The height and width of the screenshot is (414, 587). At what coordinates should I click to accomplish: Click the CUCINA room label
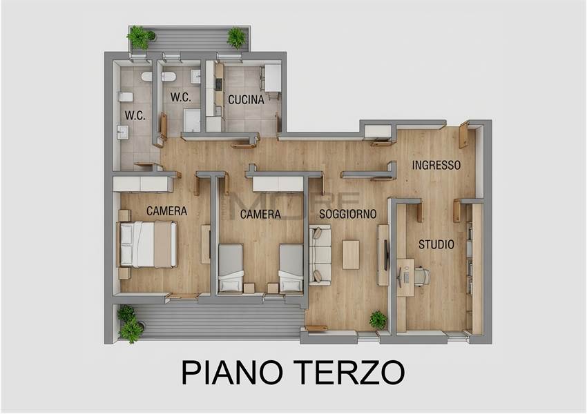pyautogui.click(x=246, y=99)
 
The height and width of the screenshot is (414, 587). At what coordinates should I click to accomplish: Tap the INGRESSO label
pyautogui.click(x=436, y=165)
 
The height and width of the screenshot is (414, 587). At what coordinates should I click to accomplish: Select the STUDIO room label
pyautogui.click(x=436, y=244)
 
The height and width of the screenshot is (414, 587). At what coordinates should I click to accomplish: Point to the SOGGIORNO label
pyautogui.click(x=348, y=214)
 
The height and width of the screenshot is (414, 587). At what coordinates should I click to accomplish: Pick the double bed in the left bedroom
pyautogui.click(x=148, y=244)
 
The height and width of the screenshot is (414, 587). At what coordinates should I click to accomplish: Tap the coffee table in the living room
pyautogui.click(x=351, y=255)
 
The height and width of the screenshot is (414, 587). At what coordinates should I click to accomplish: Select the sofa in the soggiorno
pyautogui.click(x=320, y=255)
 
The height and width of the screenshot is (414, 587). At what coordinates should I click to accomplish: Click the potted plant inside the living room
pyautogui.click(x=378, y=320)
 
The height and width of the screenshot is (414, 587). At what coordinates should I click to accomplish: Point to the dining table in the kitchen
pyautogui.click(x=273, y=78)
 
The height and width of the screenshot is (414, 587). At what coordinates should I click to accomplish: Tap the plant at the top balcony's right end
pyautogui.click(x=236, y=37)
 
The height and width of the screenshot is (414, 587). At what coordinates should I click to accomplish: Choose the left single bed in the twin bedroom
pyautogui.click(x=231, y=268)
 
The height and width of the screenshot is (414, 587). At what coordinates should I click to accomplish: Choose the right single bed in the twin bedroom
pyautogui.click(x=291, y=268)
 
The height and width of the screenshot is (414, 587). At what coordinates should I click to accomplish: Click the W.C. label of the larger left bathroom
pyautogui.click(x=135, y=115)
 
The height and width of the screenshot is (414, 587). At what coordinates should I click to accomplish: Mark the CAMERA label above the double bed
pyautogui.click(x=166, y=211)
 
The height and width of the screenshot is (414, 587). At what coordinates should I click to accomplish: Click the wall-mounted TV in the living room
pyautogui.click(x=386, y=255)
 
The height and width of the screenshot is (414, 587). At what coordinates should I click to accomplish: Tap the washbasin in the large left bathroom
pyautogui.click(x=122, y=132)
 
